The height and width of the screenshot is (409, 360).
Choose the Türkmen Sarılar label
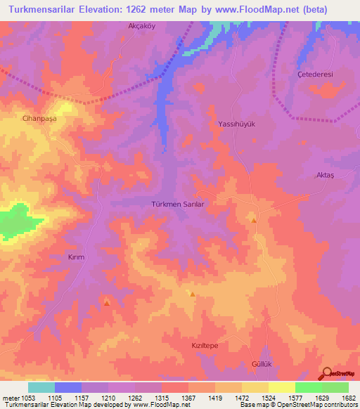pyautogui.click(x=178, y=204)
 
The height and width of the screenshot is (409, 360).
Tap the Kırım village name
pyautogui.click(x=76, y=257)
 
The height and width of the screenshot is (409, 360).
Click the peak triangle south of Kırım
pyautogui.click(x=107, y=303)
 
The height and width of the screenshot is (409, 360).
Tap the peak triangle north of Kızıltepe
pyautogui.click(x=192, y=294)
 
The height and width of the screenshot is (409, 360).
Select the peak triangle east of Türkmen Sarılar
pyautogui.click(x=254, y=220)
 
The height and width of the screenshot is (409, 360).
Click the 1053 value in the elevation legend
pyautogui.click(x=20, y=398)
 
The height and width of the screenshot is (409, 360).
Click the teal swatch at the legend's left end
pyautogui.click(x=41, y=387)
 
